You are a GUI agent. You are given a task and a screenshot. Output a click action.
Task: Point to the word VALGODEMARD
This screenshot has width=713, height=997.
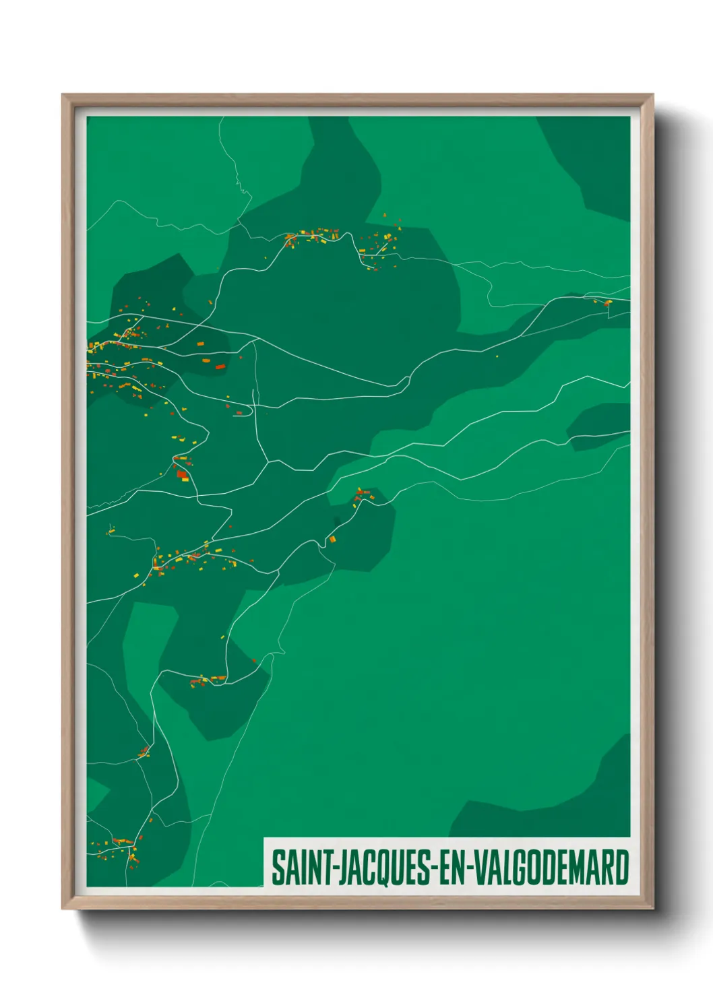pyautogui.click(x=552, y=868)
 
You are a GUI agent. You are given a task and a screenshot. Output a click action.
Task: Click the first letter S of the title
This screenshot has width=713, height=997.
pyautogui.click(x=277, y=868)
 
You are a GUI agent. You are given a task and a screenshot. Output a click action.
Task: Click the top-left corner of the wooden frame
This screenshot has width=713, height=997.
pyautogui.click(x=63, y=96)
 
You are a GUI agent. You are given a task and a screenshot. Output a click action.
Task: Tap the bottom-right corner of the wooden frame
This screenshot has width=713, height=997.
pyautogui.click(x=652, y=907)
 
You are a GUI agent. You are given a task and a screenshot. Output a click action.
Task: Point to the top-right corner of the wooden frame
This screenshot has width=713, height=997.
pyautogui.click(x=652, y=96)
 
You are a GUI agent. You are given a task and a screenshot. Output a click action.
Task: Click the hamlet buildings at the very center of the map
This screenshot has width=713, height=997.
pyautogui.click(x=363, y=497)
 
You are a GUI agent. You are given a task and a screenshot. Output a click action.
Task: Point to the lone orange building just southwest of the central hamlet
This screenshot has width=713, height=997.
pyautogui.click(x=332, y=539)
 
